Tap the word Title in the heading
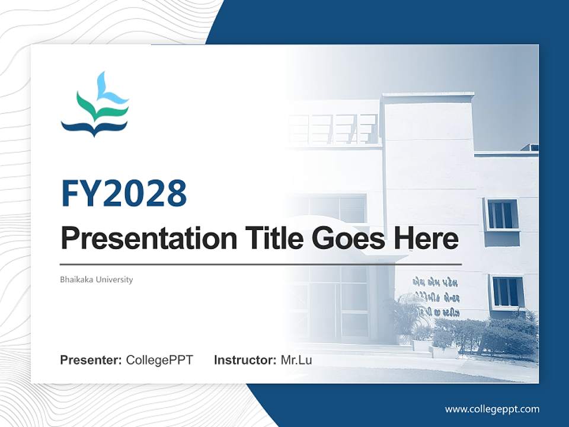coord(263,238)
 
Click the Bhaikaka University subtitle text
coord(97,279)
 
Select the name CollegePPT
coord(159,360)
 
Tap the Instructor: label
coord(245,360)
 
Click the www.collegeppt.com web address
coord(492,409)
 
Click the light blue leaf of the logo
coord(110,89)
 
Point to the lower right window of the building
coord(507,292)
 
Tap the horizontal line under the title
coord(261,264)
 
